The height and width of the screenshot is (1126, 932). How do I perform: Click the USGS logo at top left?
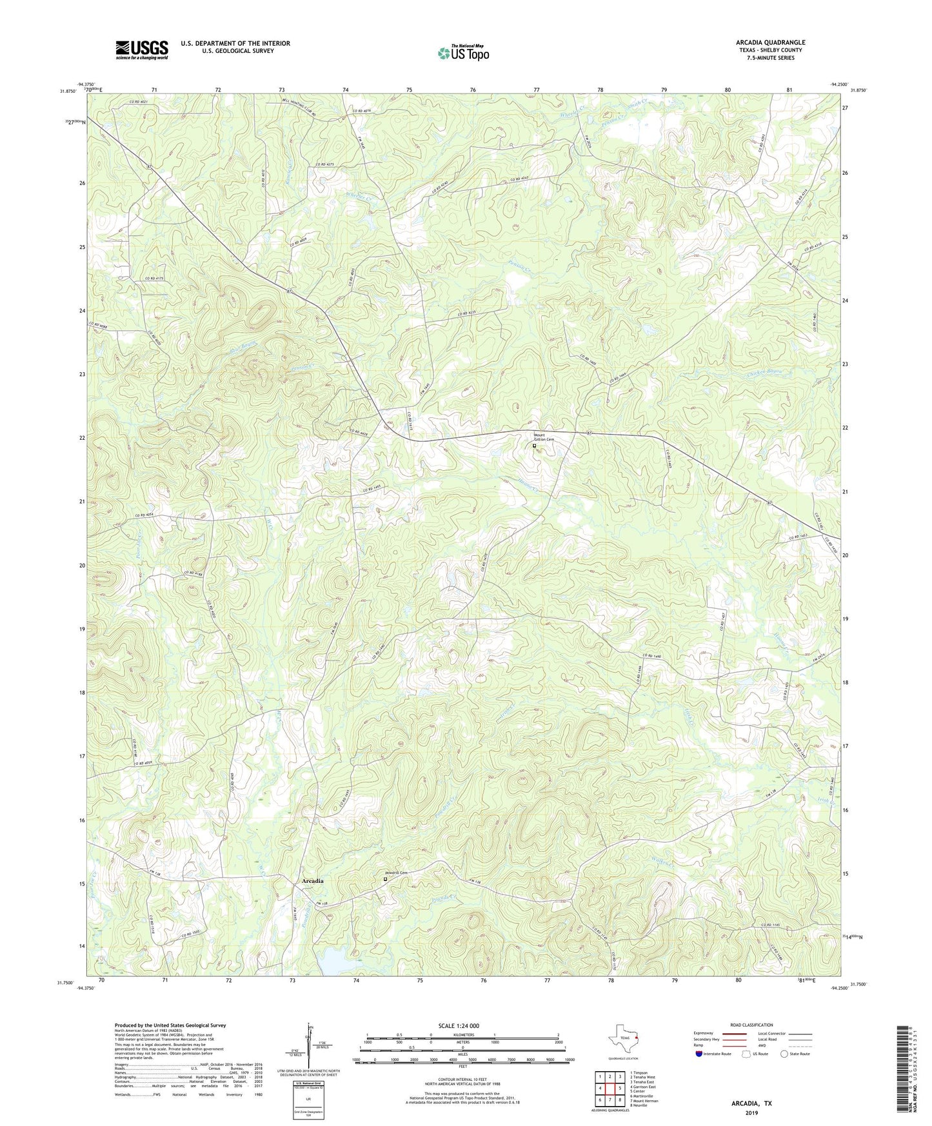click(142, 50)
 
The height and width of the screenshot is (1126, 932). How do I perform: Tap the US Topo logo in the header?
click(462, 53)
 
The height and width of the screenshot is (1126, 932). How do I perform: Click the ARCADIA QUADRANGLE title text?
click(770, 43)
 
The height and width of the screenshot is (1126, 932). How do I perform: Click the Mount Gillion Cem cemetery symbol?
click(534, 445)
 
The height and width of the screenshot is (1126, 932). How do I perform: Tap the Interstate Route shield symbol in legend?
click(700, 1054)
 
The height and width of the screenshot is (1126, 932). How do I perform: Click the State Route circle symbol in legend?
click(784, 1054)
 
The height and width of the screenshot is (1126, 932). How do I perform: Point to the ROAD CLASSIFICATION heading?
click(751, 1025)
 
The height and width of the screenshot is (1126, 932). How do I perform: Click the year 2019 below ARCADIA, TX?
click(751, 1112)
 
